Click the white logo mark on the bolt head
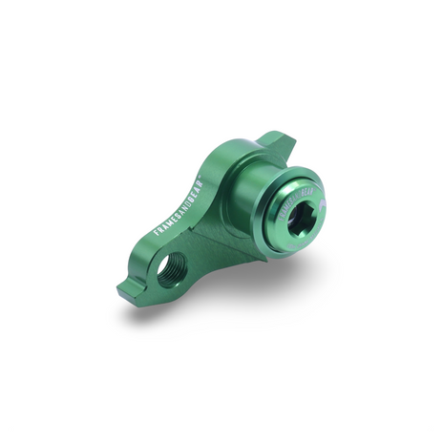pyautogui.click(x=322, y=203)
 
